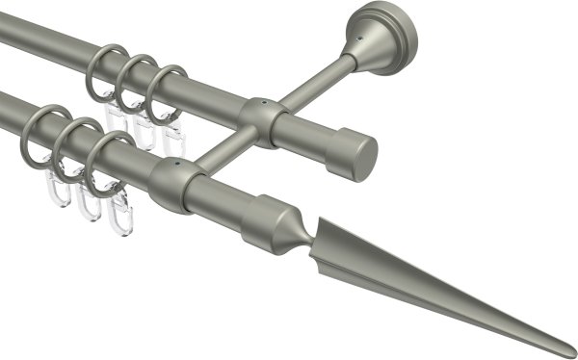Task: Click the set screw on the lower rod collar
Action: (175, 165)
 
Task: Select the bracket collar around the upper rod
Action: (261, 120)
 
